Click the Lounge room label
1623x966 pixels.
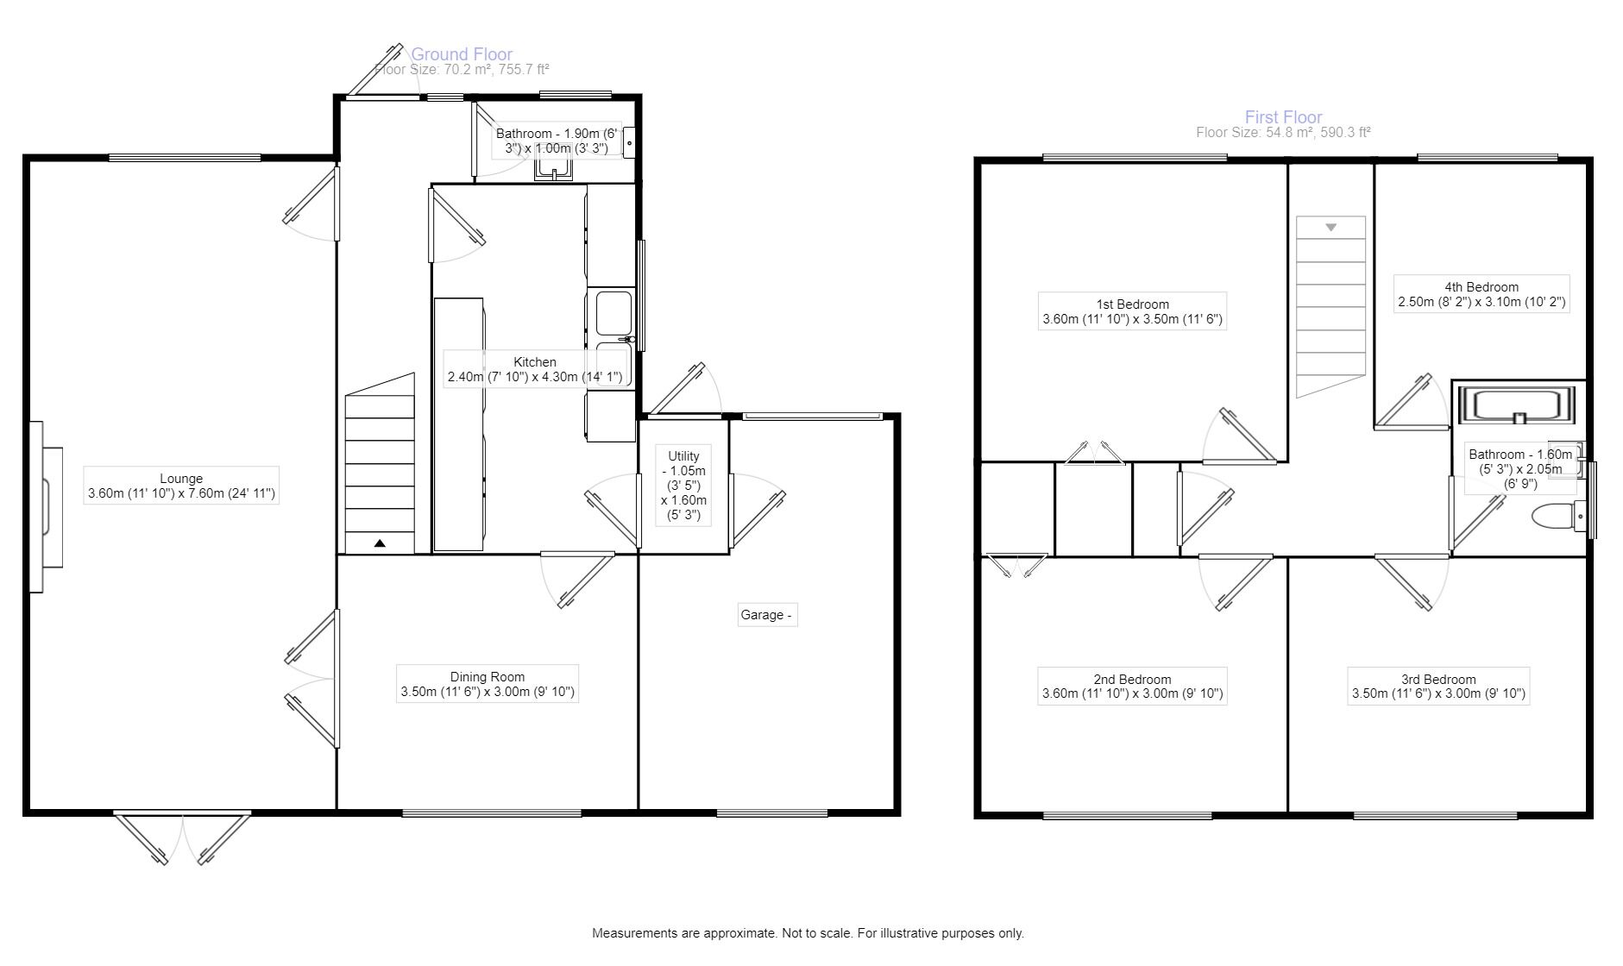181,486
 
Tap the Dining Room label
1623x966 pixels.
488,684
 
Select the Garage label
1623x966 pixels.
766,615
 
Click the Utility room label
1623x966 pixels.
684,486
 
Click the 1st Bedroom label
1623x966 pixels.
1132,311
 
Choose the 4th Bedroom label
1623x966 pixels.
1481,295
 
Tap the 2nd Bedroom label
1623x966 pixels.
1132,686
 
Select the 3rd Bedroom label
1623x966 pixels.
1438,686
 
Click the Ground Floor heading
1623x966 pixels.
462,54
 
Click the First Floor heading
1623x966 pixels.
1283,117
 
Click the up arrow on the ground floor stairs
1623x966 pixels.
380,543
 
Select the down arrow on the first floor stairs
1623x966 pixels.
1331,228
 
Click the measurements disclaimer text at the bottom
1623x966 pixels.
808,933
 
